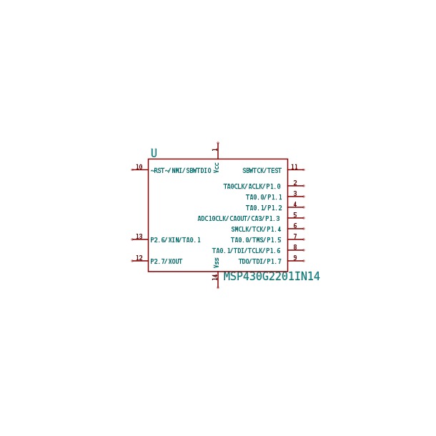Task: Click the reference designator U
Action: click(154, 153)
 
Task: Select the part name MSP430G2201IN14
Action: click(272, 277)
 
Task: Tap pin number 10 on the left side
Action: click(139, 167)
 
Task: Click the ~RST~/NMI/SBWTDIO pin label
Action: click(181, 170)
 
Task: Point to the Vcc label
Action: click(217, 168)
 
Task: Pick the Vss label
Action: click(217, 263)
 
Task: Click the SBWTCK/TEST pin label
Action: click(262, 170)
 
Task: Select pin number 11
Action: click(294, 167)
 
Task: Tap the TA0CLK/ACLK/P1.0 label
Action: click(252, 187)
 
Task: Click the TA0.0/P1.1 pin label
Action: click(264, 197)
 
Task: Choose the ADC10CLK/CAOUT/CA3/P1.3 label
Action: click(239, 219)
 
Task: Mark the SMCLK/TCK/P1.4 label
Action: click(256, 229)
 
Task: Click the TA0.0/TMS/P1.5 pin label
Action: click(256, 239)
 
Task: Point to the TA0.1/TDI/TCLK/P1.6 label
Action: click(247, 251)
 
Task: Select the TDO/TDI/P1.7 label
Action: click(260, 262)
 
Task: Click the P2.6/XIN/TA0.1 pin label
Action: click(175, 239)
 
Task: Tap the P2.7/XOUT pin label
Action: click(167, 262)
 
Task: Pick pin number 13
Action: click(139, 237)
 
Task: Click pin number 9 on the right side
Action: click(295, 258)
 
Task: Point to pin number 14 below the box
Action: click(214, 277)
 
